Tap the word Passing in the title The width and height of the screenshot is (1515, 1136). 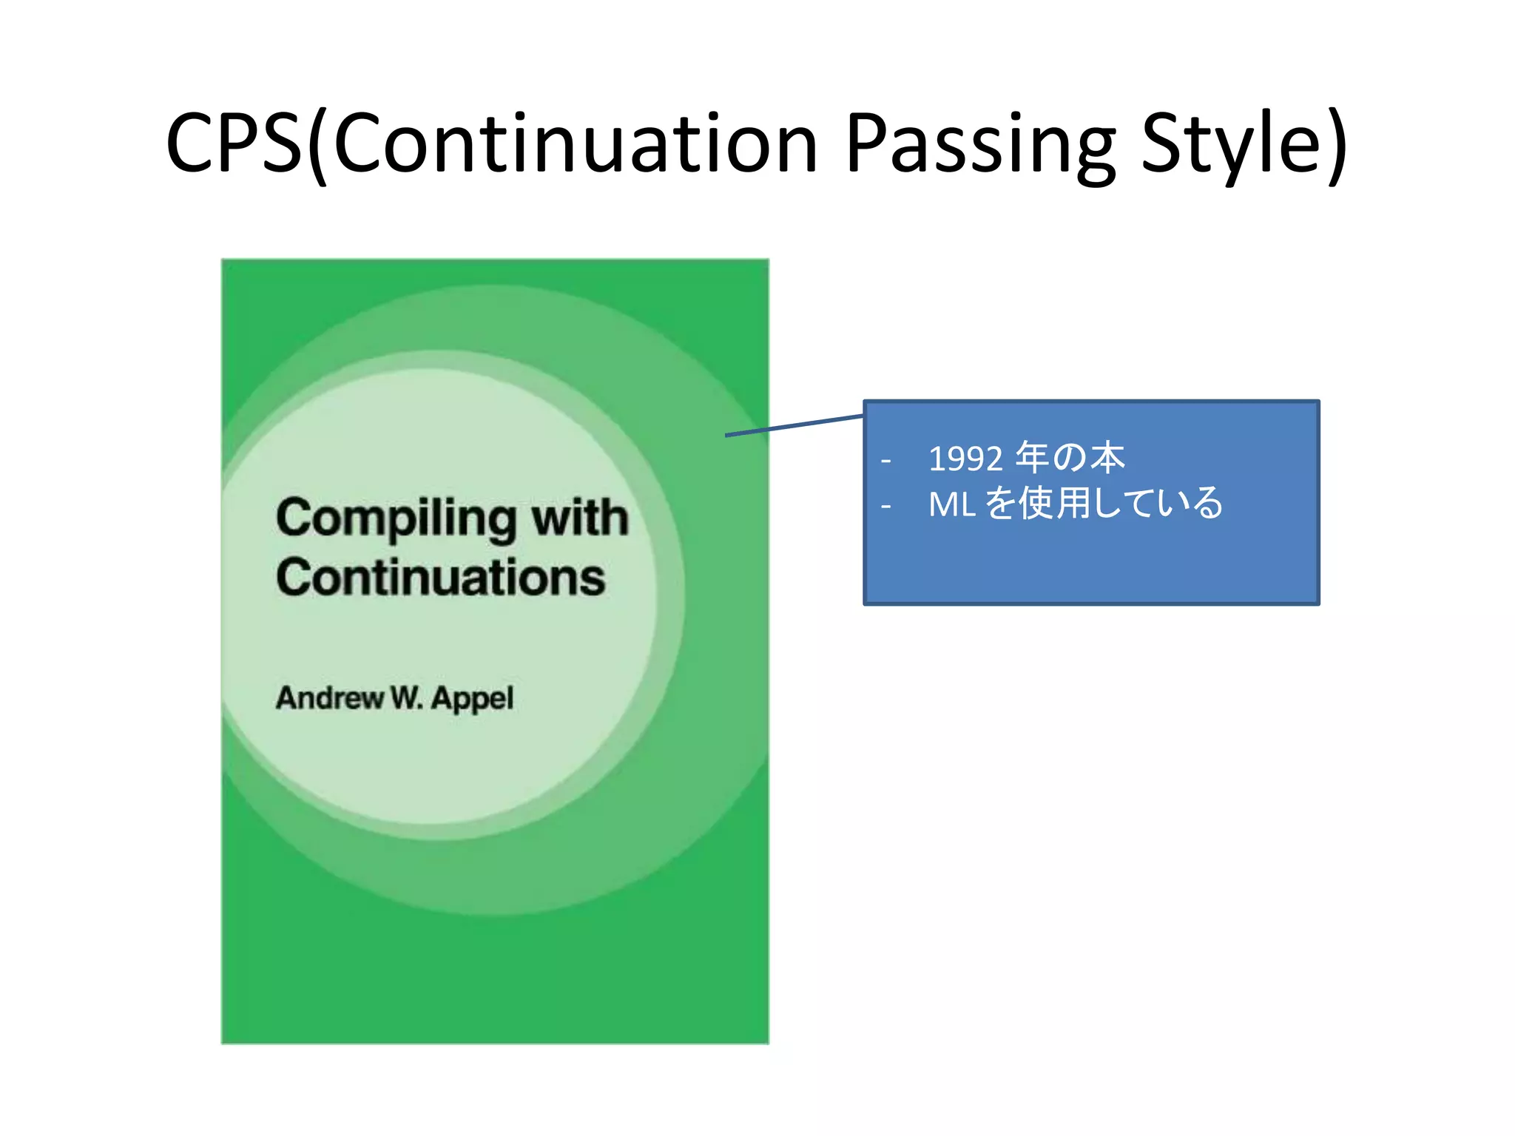coord(979,144)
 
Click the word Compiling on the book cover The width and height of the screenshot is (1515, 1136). coord(396,518)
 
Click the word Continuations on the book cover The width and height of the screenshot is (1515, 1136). coord(441,578)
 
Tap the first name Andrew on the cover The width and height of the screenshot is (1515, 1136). coord(329,697)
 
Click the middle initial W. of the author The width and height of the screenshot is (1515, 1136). coord(406,697)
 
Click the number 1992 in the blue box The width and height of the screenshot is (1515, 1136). coord(965,459)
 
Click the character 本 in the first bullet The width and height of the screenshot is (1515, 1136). coord(1107,458)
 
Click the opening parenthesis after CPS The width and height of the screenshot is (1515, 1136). coord(317,144)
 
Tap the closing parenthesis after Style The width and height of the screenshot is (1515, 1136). coord(1337,144)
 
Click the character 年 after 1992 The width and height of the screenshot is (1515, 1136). coord(1031,458)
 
